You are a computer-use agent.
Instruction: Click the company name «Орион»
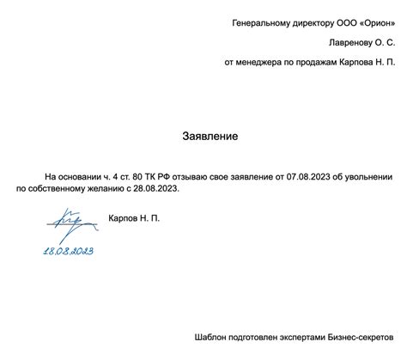[x=374, y=22]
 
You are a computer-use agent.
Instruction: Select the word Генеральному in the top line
[x=262, y=22]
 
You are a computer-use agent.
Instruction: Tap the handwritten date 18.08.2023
[x=69, y=250]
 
